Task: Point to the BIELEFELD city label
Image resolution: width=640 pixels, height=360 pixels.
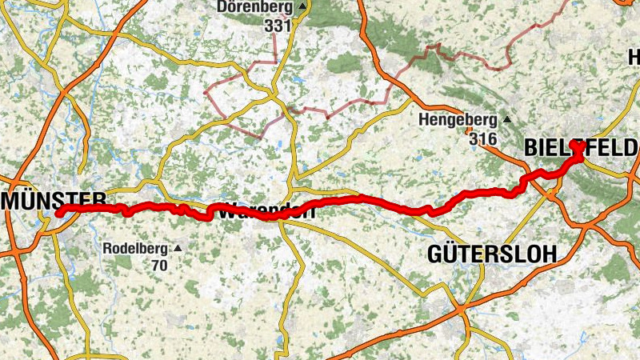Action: (581, 147)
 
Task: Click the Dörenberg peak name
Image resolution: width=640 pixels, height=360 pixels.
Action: (255, 7)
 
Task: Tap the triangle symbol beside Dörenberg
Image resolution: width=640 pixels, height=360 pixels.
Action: (302, 7)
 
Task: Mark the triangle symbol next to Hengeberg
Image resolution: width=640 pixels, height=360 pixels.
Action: (506, 120)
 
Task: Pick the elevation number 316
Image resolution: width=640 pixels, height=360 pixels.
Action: (482, 139)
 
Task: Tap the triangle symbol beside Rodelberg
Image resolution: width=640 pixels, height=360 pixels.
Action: (178, 248)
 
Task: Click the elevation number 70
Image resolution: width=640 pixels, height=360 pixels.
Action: (159, 265)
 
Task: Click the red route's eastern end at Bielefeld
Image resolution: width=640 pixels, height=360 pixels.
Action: (576, 147)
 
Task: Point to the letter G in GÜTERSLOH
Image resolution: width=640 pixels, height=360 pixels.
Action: (435, 254)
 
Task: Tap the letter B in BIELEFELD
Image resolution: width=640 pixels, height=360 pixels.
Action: (530, 147)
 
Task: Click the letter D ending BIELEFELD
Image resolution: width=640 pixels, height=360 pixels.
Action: (631, 147)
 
